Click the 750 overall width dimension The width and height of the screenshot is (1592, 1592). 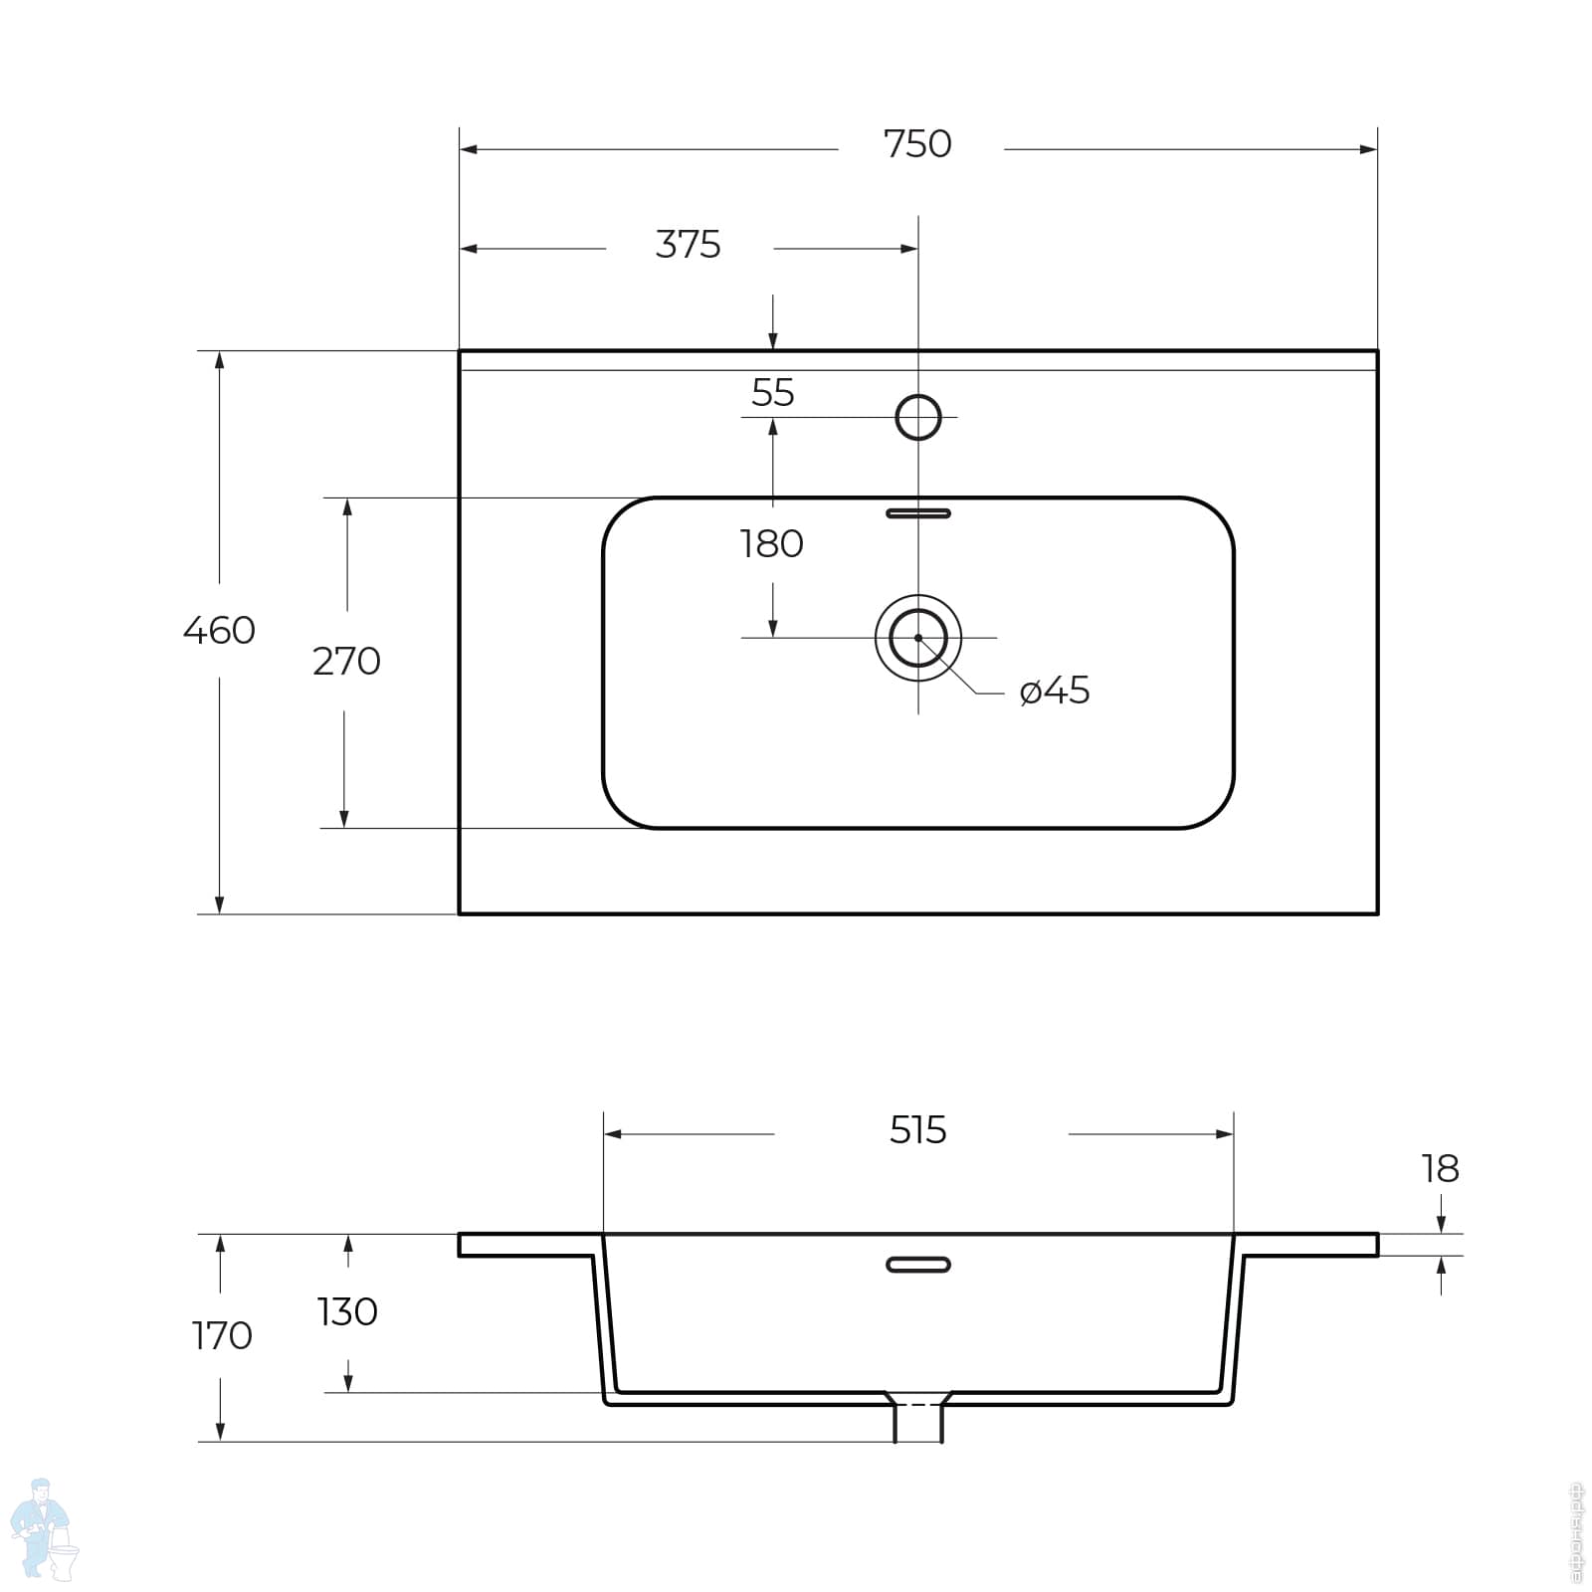[917, 145]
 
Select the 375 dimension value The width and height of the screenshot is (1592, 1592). [688, 245]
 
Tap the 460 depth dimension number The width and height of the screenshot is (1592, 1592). [219, 631]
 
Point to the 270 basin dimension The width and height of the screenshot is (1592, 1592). [346, 662]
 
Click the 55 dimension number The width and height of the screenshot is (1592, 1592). [772, 393]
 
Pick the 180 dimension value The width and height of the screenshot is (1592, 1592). [771, 544]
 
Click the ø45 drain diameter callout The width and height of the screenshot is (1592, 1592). [1055, 691]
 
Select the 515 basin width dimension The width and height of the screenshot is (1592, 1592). [917, 1130]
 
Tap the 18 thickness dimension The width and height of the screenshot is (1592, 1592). [1440, 1169]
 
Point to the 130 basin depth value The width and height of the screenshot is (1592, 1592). [347, 1312]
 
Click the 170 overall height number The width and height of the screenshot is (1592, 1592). [221, 1336]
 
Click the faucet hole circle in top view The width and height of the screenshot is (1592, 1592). [917, 417]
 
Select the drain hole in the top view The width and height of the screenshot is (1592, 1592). [917, 638]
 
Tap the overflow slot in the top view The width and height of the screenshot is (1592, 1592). [917, 513]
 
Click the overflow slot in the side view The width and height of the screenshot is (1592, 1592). [917, 1265]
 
